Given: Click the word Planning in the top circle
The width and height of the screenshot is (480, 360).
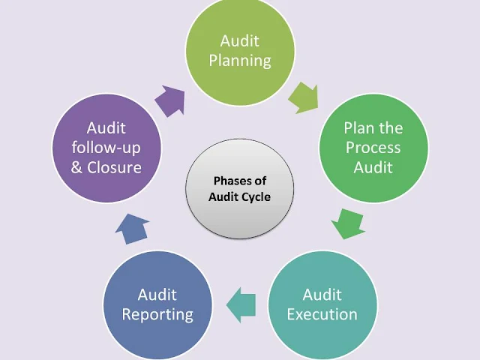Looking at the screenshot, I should (240, 61).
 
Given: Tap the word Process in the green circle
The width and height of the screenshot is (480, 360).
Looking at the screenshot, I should (373, 147).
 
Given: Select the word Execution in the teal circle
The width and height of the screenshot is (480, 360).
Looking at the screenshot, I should (322, 313).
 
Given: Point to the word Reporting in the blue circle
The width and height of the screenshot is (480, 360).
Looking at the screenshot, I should (157, 313).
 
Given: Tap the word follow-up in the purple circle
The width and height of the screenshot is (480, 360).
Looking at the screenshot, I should (106, 147).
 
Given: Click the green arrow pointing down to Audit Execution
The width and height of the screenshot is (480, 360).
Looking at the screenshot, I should (347, 223).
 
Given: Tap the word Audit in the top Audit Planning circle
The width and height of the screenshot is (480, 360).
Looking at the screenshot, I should (240, 42).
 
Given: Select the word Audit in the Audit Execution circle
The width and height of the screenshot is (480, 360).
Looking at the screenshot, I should (322, 294).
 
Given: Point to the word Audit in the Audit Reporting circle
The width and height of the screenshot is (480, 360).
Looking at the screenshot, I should (157, 294).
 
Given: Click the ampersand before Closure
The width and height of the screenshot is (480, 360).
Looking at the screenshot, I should (77, 166).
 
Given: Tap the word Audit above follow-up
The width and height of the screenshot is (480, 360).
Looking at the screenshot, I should (106, 127).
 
